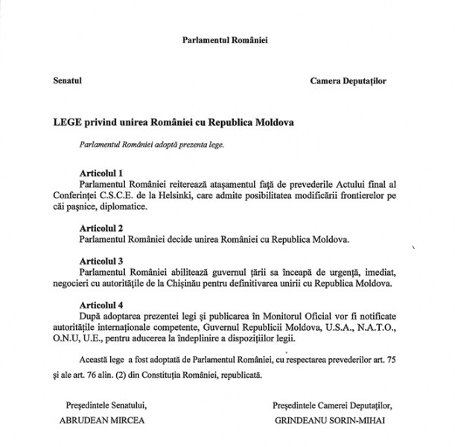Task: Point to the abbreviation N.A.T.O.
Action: [366, 327]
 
